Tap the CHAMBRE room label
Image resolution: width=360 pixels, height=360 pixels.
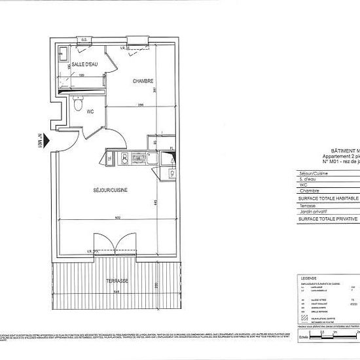click(x=143, y=81)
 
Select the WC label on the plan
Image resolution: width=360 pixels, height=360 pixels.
click(x=91, y=111)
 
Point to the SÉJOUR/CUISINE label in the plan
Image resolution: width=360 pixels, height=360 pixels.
click(x=110, y=190)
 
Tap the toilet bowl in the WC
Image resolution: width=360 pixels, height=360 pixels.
click(x=77, y=103)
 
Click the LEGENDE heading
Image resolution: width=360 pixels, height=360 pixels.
click(x=309, y=279)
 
